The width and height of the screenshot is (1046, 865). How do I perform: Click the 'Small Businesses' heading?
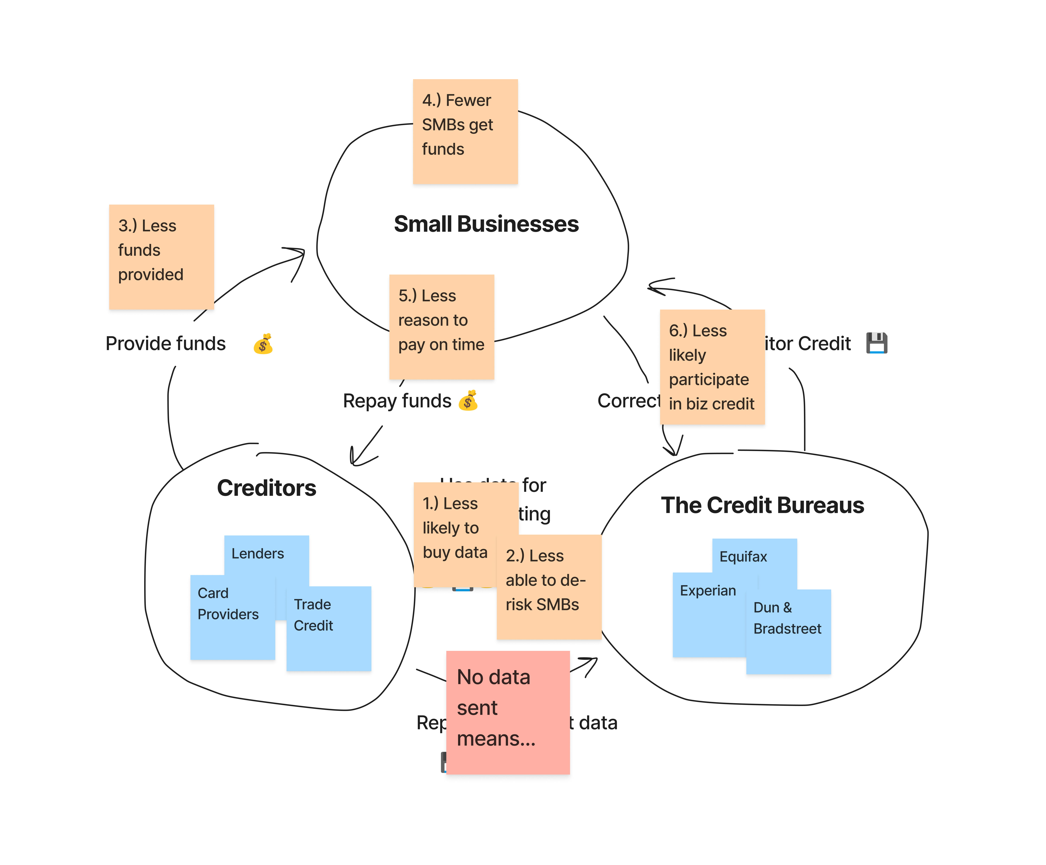[486, 224]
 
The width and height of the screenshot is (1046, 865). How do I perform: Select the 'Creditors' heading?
[266, 488]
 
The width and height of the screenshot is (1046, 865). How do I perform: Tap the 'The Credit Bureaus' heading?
[762, 505]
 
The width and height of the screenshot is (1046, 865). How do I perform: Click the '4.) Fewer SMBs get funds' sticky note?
[465, 131]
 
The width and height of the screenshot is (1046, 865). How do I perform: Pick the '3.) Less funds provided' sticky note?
[161, 257]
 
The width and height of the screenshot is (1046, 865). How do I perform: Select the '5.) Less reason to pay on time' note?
[441, 327]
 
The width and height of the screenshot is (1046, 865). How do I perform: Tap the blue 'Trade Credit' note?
[329, 628]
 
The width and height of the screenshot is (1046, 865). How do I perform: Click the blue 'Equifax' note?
[754, 556]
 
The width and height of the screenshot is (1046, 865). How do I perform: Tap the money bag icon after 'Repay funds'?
[468, 401]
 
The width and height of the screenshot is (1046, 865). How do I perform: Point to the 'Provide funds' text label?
[165, 344]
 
